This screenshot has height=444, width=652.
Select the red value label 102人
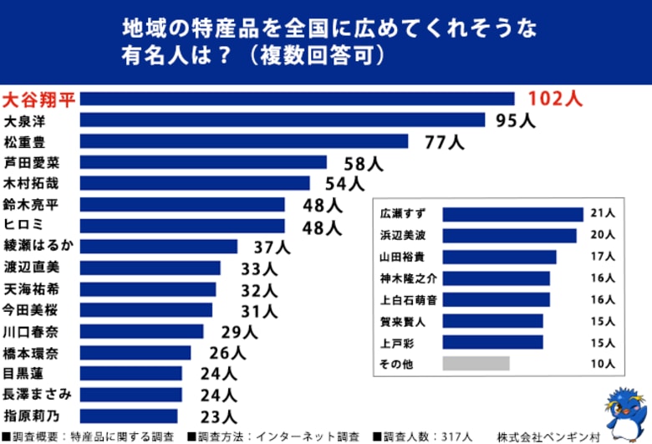pyautogui.click(x=554, y=99)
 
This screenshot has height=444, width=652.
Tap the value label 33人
pyautogui.click(x=249, y=268)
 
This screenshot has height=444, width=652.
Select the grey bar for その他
pyautogui.click(x=476, y=364)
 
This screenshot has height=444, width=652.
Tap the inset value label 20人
pyautogui.click(x=602, y=236)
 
